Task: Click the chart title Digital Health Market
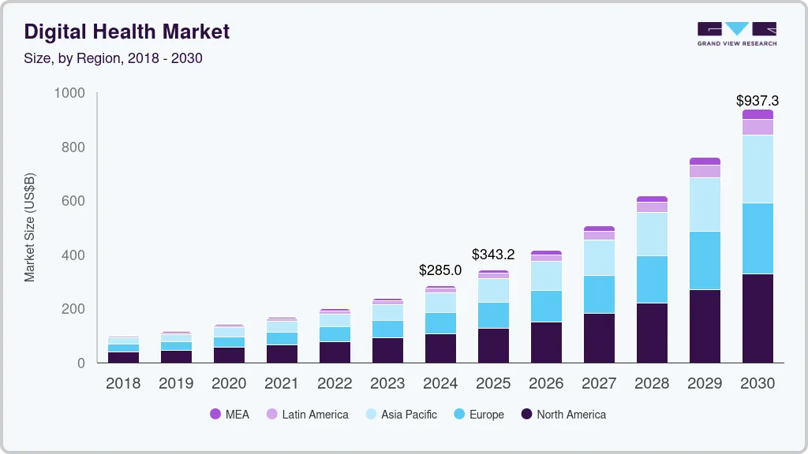click(127, 32)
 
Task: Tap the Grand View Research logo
click(736, 33)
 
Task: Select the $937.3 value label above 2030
click(757, 101)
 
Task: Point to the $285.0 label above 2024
click(440, 270)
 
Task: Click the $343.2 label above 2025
click(493, 255)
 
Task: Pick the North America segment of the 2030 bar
click(757, 318)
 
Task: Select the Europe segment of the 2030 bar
click(757, 238)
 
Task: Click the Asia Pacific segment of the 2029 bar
click(705, 204)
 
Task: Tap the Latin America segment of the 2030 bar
click(757, 127)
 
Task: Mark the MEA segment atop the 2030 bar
click(757, 114)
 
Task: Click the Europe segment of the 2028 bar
click(652, 279)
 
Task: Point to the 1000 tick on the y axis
click(69, 93)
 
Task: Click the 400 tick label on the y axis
click(72, 255)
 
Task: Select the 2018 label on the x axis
click(123, 384)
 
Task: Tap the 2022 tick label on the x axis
click(335, 384)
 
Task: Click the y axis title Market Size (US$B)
click(29, 227)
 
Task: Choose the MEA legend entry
click(230, 414)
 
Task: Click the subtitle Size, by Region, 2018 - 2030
click(113, 58)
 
